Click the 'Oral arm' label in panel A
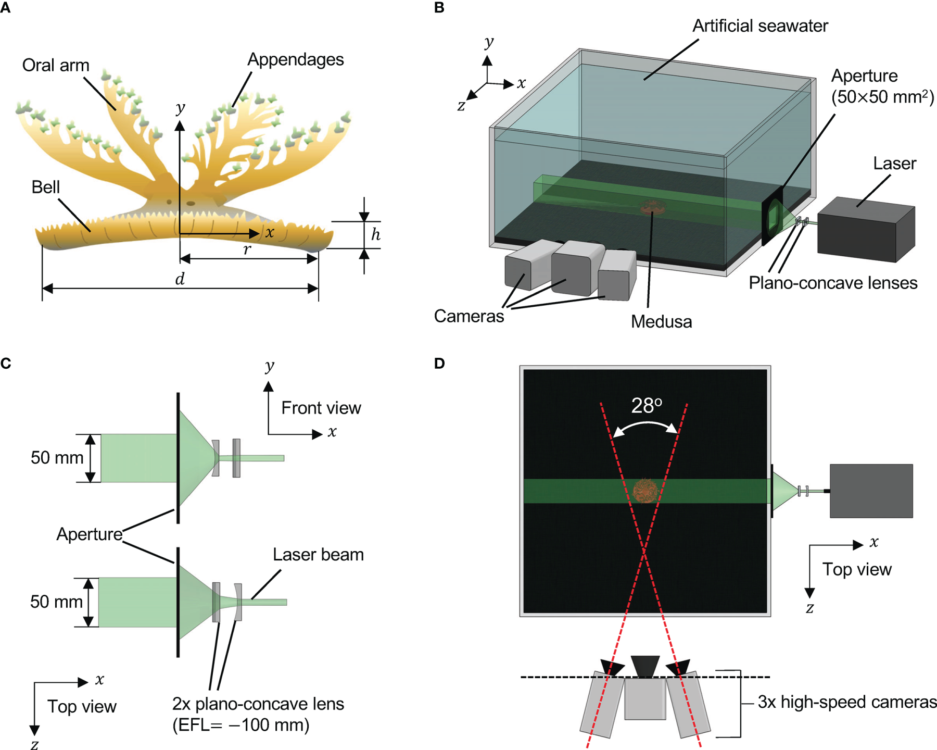click(56, 66)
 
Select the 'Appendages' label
click(295, 60)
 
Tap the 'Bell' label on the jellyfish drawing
click(45, 187)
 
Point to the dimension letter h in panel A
click(375, 234)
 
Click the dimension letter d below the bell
click(180, 279)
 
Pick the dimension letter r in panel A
click(247, 249)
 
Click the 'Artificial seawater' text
click(759, 26)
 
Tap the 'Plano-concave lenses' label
click(832, 283)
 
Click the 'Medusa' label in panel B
click(661, 322)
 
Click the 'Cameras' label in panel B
click(468, 316)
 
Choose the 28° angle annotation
click(646, 406)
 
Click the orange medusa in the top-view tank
click(645, 491)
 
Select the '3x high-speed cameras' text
click(846, 702)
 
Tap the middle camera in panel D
click(645, 698)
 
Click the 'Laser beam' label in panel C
click(318, 555)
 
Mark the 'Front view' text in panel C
click(321, 408)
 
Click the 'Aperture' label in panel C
click(89, 534)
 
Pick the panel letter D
click(439, 363)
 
